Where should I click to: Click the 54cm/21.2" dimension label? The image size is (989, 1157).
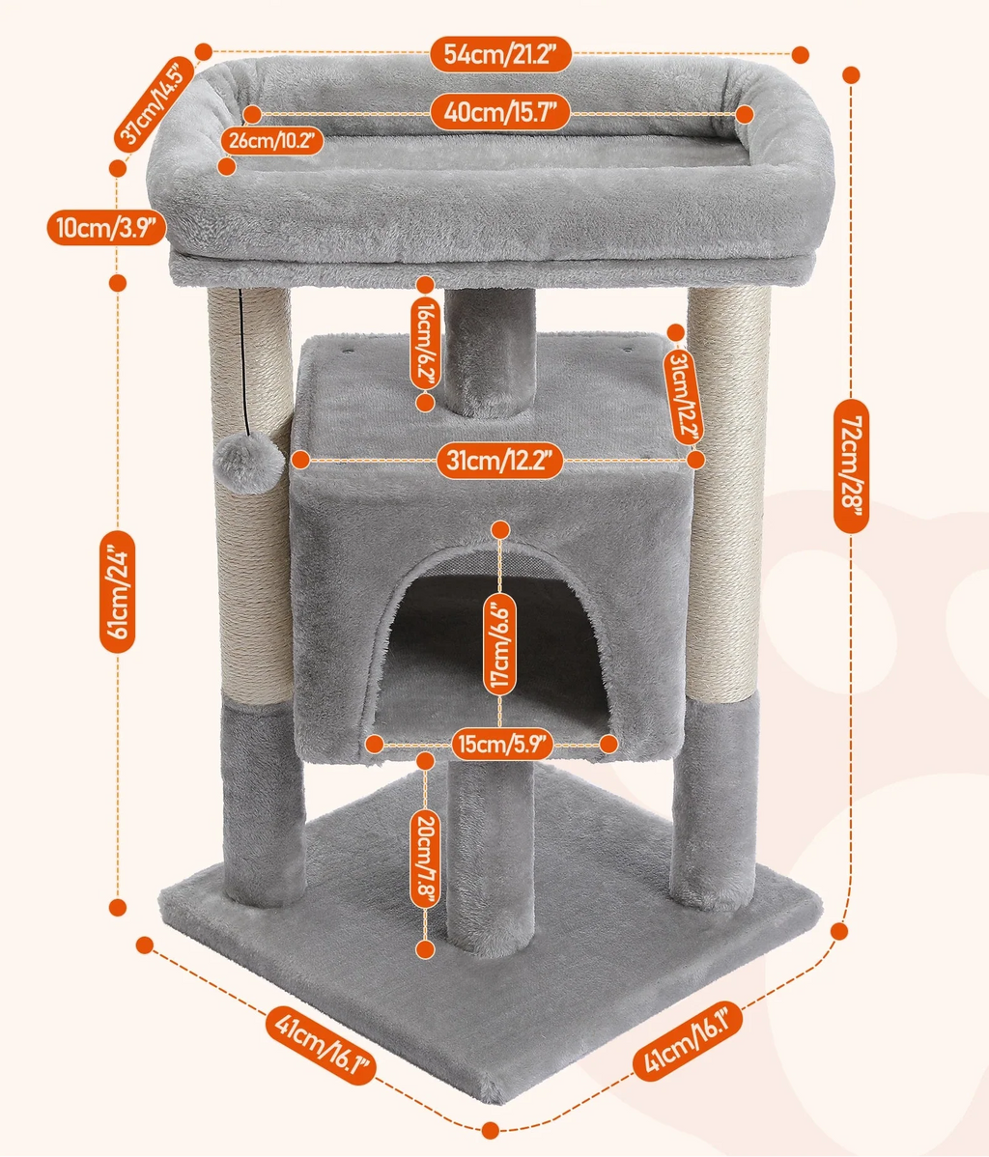click(501, 53)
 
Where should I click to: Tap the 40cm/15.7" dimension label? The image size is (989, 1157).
click(498, 113)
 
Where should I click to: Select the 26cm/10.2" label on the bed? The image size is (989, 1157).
click(271, 140)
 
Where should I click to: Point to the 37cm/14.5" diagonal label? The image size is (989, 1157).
click(155, 104)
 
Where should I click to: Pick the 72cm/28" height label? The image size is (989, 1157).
click(851, 462)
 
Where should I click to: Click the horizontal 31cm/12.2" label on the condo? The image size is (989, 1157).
click(498, 461)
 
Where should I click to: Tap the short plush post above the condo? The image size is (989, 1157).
click(490, 353)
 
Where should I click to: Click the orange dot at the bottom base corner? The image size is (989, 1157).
click(490, 1128)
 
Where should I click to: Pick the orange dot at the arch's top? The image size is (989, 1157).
click(500, 528)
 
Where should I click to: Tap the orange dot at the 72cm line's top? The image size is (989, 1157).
click(851, 74)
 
